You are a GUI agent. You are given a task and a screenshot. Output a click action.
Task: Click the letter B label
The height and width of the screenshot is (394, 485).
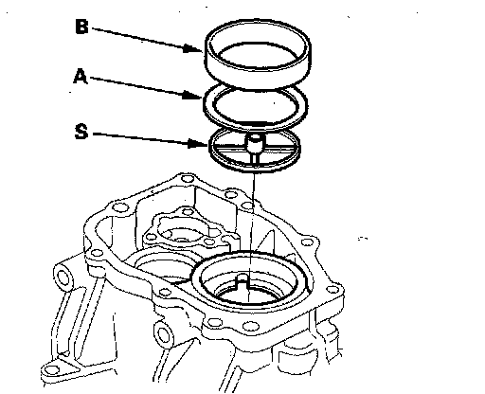point(81,27)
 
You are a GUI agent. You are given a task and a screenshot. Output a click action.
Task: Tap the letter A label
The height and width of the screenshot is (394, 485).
point(81,77)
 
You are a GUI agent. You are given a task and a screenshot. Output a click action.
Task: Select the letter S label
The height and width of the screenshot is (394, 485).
point(81,132)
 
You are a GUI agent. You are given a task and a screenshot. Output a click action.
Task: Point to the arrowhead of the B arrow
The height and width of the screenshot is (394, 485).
point(192,48)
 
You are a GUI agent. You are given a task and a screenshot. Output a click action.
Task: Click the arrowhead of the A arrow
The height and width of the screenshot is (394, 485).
point(192,95)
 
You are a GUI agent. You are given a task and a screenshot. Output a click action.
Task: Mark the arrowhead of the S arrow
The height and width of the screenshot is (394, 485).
point(198,144)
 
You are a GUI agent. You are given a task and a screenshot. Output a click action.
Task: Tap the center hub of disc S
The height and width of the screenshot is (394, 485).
point(255,144)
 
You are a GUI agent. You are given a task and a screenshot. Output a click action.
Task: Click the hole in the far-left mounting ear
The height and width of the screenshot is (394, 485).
point(63,278)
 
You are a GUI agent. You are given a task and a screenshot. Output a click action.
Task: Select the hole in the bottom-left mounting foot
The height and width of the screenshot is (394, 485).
point(51,369)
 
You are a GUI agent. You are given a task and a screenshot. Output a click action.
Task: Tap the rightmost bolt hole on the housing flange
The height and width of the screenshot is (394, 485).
point(332,289)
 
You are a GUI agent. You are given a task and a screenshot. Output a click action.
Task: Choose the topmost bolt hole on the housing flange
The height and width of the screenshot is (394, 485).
point(188,179)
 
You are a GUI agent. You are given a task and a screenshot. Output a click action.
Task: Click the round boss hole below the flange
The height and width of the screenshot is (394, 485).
point(164,334)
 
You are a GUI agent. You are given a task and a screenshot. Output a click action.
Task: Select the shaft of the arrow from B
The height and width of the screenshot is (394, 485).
point(138,39)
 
